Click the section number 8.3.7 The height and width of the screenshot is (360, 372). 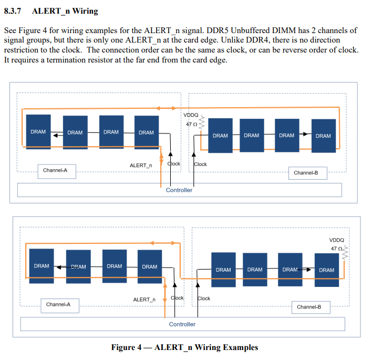coord(15,11)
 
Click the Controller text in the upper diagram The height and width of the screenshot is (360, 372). coord(179,190)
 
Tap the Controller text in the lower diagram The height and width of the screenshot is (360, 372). coord(182,324)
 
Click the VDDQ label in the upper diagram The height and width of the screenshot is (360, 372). coord(191,115)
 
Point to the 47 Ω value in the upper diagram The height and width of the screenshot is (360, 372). coord(192,124)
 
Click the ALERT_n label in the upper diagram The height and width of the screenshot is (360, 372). coord(141,166)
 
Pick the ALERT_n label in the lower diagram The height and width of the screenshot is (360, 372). coord(144,300)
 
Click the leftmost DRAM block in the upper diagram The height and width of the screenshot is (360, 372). coord(38,132)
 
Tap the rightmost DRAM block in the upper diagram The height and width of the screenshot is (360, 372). coord(323,136)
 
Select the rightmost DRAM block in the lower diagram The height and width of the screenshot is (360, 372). coord(326,270)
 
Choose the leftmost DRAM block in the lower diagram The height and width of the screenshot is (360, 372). coord(42,266)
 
